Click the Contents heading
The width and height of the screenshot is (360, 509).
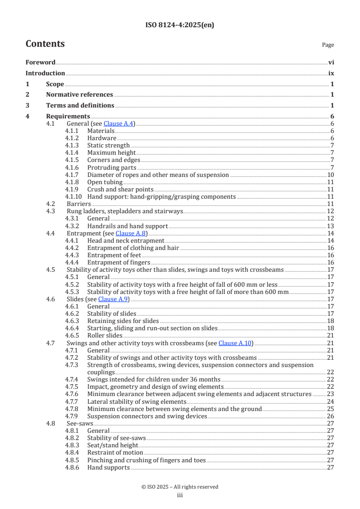[x=45, y=44]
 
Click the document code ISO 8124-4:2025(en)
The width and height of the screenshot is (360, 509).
[x=180, y=25]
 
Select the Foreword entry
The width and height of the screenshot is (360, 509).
[x=40, y=63]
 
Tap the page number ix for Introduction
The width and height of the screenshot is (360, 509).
[x=331, y=73]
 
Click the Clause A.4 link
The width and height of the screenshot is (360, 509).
[x=118, y=124]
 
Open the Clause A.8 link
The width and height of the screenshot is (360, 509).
[x=131, y=233]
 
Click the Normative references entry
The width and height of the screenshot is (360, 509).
[x=79, y=95]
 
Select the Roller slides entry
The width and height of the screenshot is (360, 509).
[x=104, y=336]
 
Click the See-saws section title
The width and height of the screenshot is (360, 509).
[x=79, y=423]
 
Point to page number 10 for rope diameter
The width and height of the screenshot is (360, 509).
[x=330, y=175]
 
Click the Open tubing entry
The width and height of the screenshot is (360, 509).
[x=104, y=182]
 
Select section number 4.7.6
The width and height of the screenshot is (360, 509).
[x=72, y=394]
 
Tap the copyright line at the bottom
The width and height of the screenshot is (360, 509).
[x=180, y=487]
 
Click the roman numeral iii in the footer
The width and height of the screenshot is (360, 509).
[x=180, y=495]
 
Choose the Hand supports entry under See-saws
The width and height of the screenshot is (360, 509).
[x=108, y=467]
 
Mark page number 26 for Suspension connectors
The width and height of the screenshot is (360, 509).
[x=330, y=416]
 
